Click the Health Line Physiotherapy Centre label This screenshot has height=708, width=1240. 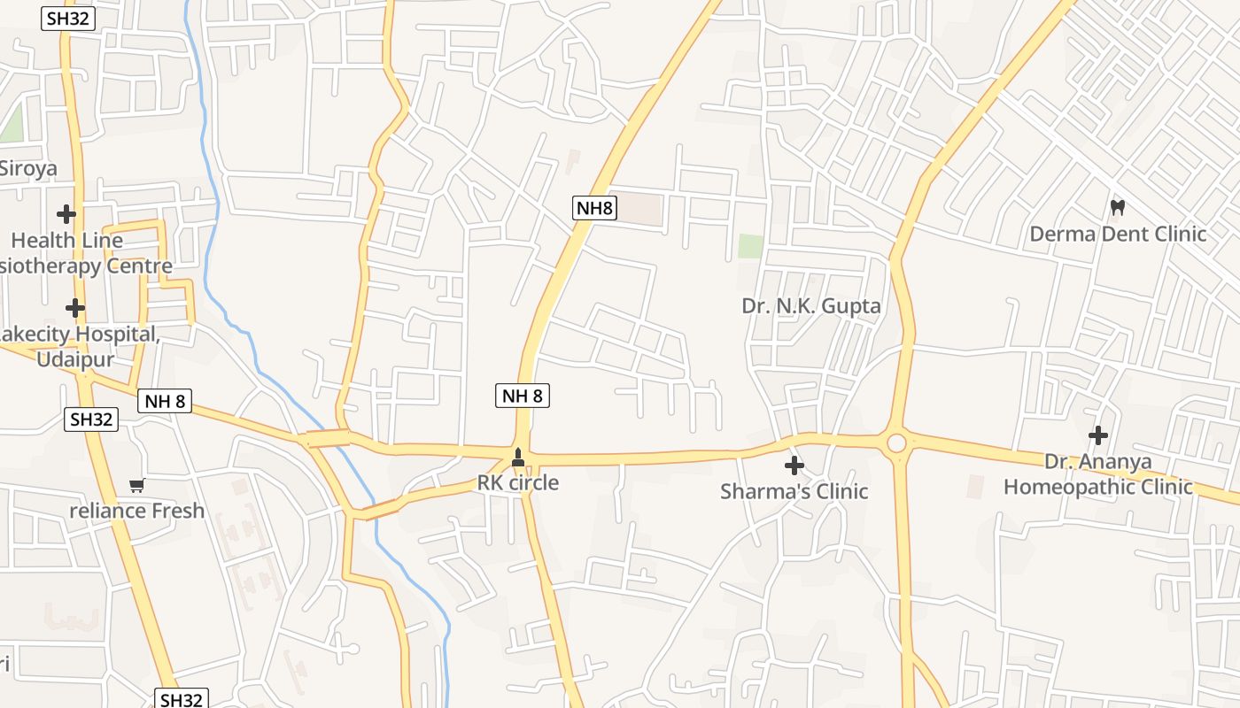coord(84,252)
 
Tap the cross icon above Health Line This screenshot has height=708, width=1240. coord(66,213)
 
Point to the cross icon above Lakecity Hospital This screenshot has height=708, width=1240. coord(75,308)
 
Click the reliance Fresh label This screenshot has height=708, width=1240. coord(137,511)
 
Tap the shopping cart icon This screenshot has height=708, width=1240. coord(136,485)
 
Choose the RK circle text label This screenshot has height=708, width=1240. coord(518,482)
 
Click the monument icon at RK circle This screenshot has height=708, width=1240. coord(518,458)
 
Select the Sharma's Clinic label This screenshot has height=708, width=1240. coord(794,491)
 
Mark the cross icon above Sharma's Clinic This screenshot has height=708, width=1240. coord(794,466)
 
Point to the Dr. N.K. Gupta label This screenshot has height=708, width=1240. coord(811,306)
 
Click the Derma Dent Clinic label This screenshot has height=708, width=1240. coord(1118,234)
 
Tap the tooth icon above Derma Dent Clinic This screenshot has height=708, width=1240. coord(1118,208)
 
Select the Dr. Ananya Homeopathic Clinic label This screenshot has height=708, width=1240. coord(1098,474)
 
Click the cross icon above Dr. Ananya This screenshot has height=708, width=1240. coord(1098,435)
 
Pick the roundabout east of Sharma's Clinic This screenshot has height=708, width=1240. coord(896,442)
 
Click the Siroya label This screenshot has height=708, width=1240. coord(27,168)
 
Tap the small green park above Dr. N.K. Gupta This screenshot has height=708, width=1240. coord(750,246)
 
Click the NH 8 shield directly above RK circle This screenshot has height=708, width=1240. coord(523,396)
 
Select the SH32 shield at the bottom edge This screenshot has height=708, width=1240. coord(182,699)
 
